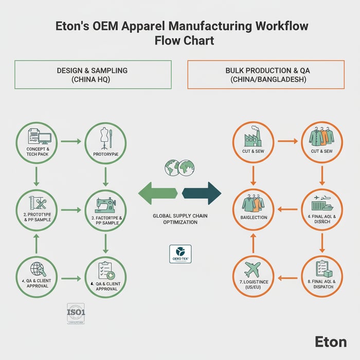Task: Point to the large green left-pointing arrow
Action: (x=158, y=193)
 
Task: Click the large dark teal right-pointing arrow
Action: (x=202, y=193)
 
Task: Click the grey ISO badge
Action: (x=76, y=313)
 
